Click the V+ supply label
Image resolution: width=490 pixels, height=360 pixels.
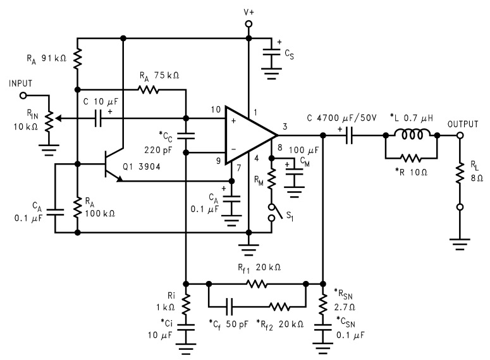[x=248, y=11]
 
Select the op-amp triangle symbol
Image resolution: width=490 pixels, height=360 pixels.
[x=250, y=134]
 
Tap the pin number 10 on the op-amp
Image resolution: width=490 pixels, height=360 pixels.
[x=216, y=111]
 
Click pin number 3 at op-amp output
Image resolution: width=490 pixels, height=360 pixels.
[x=285, y=127]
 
